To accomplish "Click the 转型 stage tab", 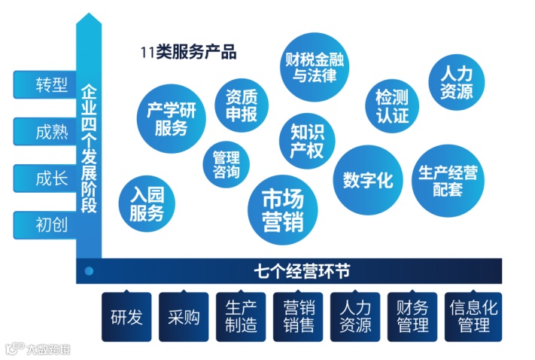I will [44, 85].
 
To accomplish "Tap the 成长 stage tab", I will [44, 178].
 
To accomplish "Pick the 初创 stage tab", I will [44, 224].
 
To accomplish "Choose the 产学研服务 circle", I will [171, 119].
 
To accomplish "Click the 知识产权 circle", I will [306, 141].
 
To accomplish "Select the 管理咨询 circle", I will [226, 165].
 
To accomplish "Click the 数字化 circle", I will [367, 180].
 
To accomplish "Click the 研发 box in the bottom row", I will [126, 316].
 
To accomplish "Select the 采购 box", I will [184, 316].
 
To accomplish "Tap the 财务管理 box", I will [412, 316].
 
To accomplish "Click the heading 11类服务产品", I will [189, 53].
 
